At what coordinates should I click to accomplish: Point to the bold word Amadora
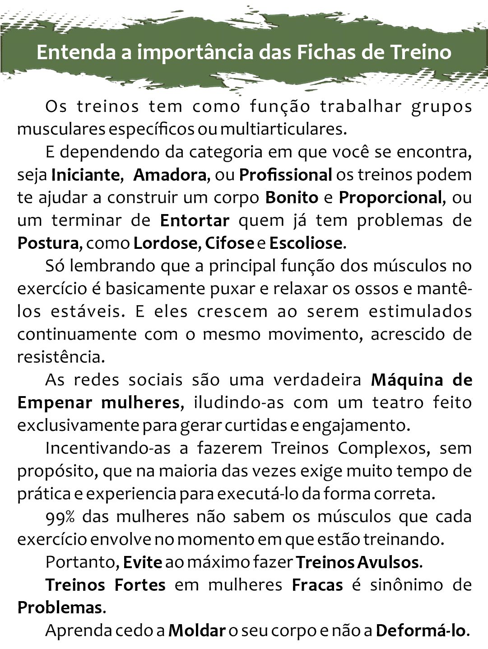170,175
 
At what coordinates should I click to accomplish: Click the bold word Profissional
286,175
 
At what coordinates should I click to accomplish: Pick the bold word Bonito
292,197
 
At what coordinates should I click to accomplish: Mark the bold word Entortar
195,220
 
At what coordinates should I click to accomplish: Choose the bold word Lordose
166,243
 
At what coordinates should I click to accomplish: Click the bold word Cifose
230,243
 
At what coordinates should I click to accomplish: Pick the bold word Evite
142,562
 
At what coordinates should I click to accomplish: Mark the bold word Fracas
317,585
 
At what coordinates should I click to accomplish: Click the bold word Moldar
197,630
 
